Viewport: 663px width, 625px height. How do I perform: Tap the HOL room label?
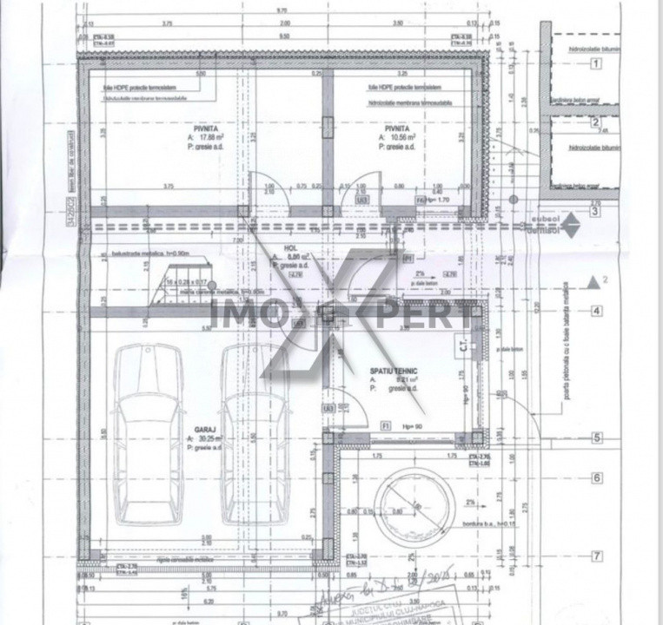[x=290, y=247]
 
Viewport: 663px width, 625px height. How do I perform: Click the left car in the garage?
[x=148, y=434]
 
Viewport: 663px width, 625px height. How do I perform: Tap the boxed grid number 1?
[x=596, y=63]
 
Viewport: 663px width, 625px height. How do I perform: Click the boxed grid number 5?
[x=596, y=438]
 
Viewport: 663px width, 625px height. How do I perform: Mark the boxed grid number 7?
[x=596, y=556]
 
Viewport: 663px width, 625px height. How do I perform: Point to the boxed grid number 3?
[x=596, y=211]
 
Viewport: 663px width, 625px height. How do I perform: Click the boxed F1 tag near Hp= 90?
[x=385, y=427]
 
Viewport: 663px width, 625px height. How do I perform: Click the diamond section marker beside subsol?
[x=569, y=227]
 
